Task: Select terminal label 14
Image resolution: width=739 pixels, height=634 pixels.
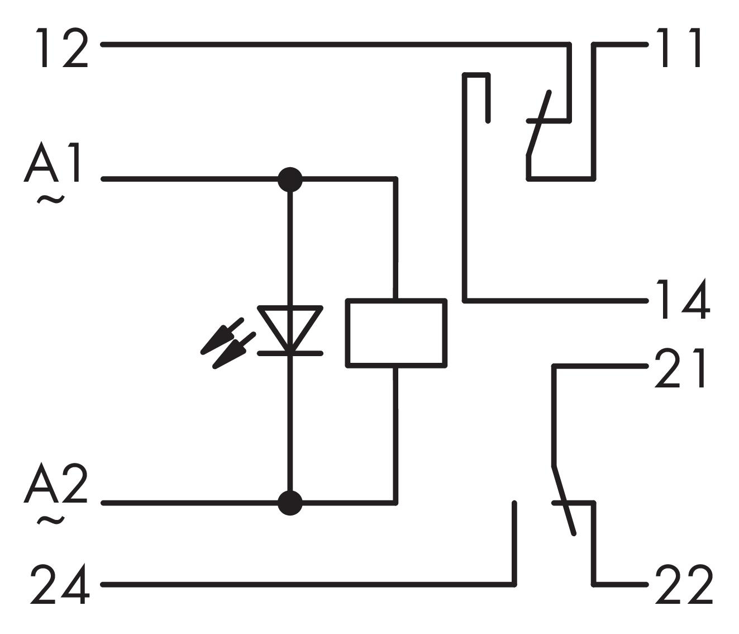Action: pos(683,299)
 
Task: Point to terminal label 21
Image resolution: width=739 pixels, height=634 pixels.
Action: pos(680,368)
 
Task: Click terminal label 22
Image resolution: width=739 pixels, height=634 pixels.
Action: pos(684,584)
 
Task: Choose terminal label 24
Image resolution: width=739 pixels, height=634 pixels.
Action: pos(60,584)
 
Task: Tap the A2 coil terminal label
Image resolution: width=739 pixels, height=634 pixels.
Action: pos(56,484)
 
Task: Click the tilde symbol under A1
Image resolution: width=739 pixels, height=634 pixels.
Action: pos(51,199)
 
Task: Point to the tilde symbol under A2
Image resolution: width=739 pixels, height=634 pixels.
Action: pos(51,521)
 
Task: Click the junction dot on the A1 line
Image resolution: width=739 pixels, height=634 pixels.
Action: pos(290,179)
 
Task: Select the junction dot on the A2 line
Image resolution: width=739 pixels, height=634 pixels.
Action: pos(290,503)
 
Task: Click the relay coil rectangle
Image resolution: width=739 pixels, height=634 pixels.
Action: pos(396,333)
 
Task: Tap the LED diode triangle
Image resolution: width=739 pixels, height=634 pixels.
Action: pos(290,328)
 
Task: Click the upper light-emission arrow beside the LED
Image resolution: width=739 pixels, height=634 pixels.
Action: pos(222,335)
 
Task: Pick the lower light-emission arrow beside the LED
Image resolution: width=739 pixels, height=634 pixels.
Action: pos(234,351)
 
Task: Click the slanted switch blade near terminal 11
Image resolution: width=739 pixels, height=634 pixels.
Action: pos(539,124)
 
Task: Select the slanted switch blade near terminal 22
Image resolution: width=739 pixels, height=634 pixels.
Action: pos(564,500)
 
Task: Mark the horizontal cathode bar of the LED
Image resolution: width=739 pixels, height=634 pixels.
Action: pos(290,353)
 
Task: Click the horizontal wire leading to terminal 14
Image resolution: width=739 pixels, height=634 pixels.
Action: pos(556,301)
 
